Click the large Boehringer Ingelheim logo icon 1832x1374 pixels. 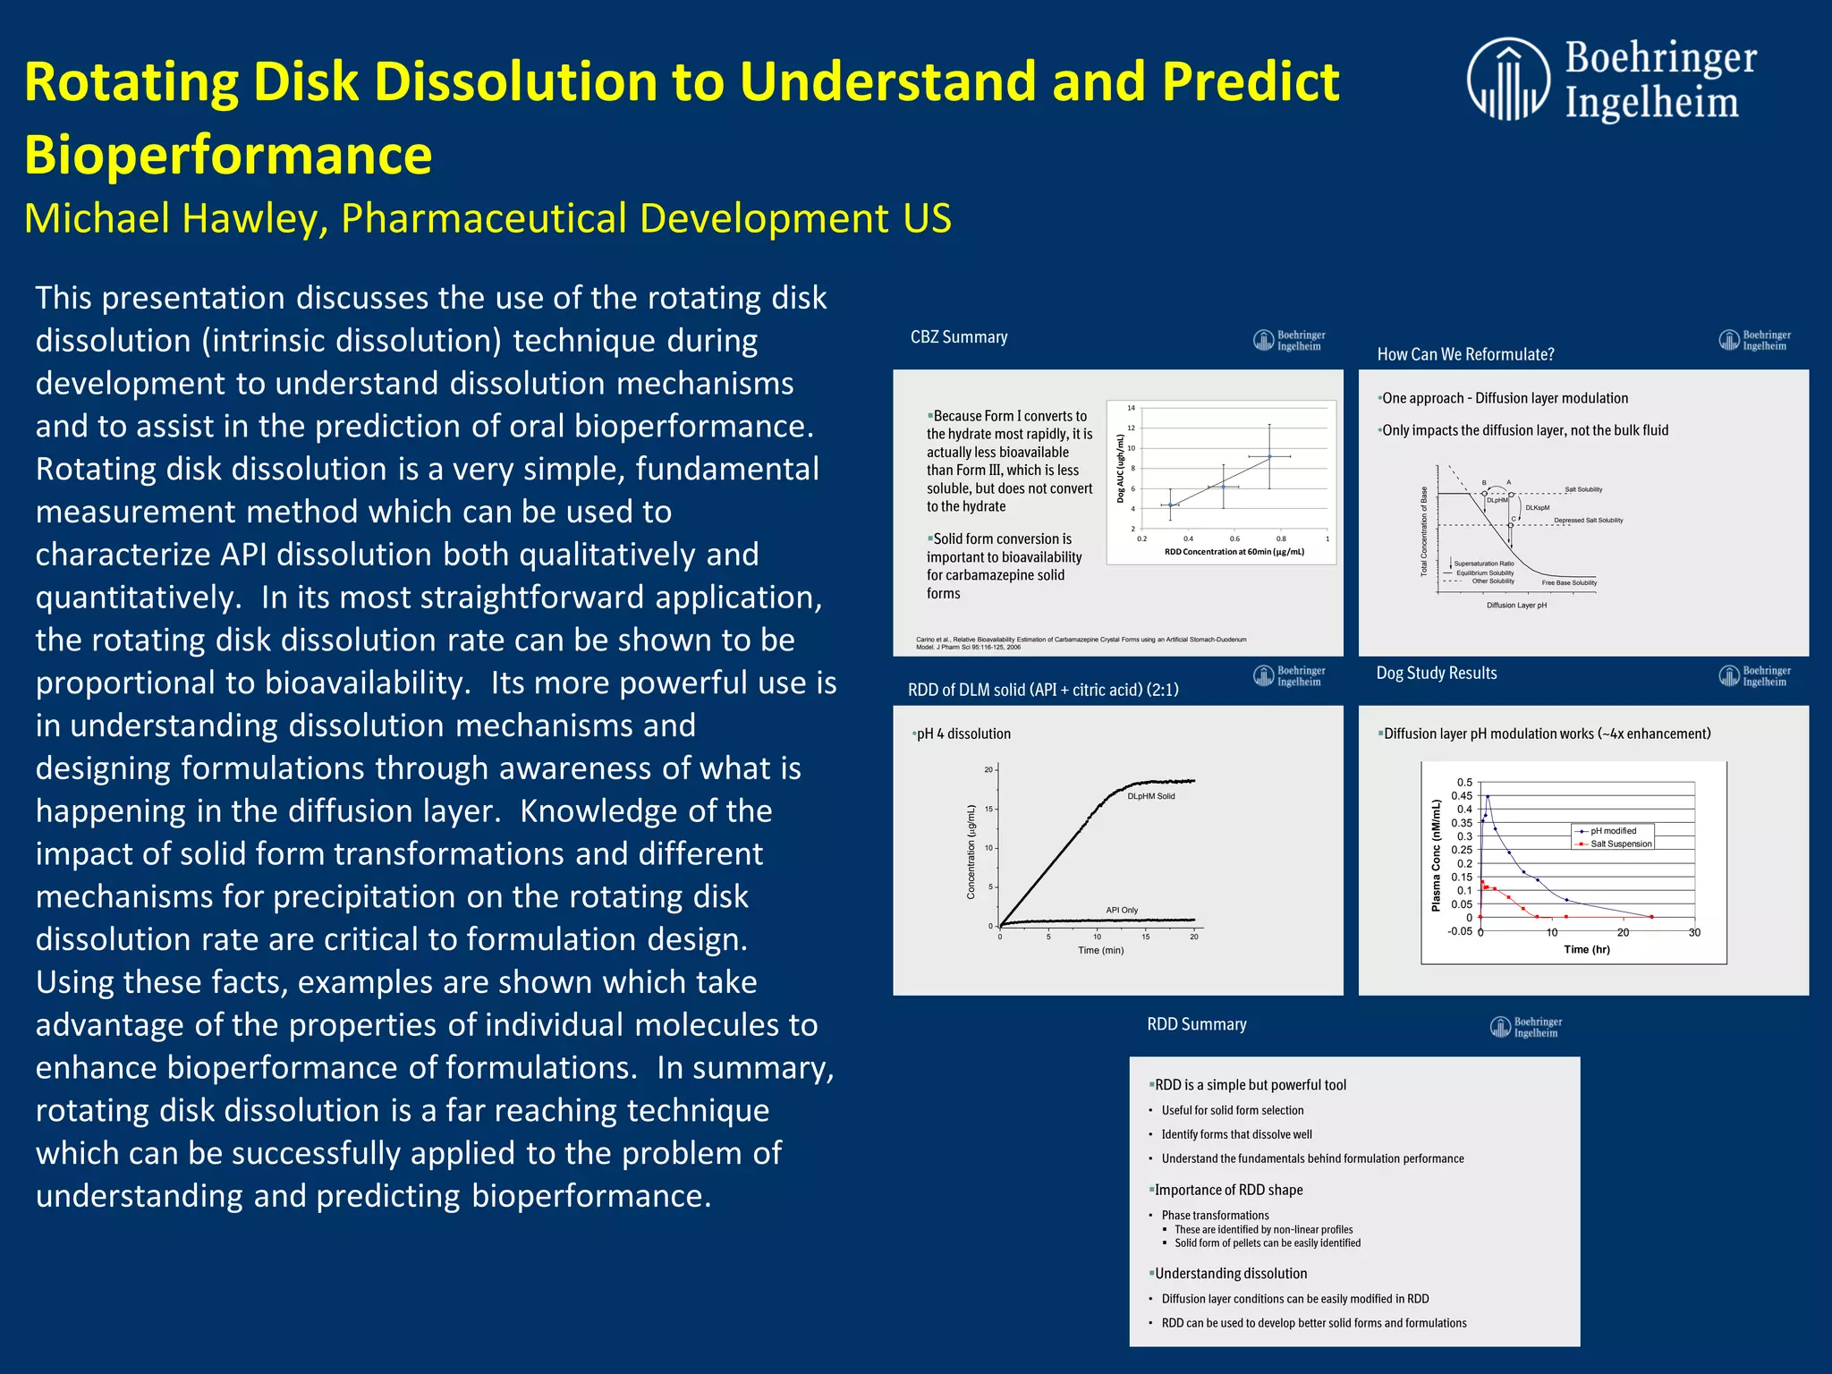point(1508,79)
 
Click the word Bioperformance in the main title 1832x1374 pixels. point(228,155)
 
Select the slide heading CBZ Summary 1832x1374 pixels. point(958,337)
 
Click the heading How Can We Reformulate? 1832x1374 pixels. point(1465,354)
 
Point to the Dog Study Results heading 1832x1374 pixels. point(1436,673)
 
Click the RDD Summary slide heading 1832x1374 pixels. point(1196,1024)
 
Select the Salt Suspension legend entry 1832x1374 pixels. point(1620,844)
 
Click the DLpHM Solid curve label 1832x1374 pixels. point(1150,796)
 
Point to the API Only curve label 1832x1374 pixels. point(1122,910)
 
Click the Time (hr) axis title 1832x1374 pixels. point(1586,949)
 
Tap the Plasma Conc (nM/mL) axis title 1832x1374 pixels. point(1436,856)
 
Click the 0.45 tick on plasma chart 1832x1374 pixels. point(1461,796)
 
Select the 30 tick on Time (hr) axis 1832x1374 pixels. point(1693,932)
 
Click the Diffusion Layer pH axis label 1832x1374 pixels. point(1516,606)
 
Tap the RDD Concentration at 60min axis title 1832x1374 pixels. point(1234,552)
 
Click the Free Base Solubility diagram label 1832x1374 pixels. point(1569,583)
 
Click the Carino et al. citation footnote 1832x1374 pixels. point(1081,643)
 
